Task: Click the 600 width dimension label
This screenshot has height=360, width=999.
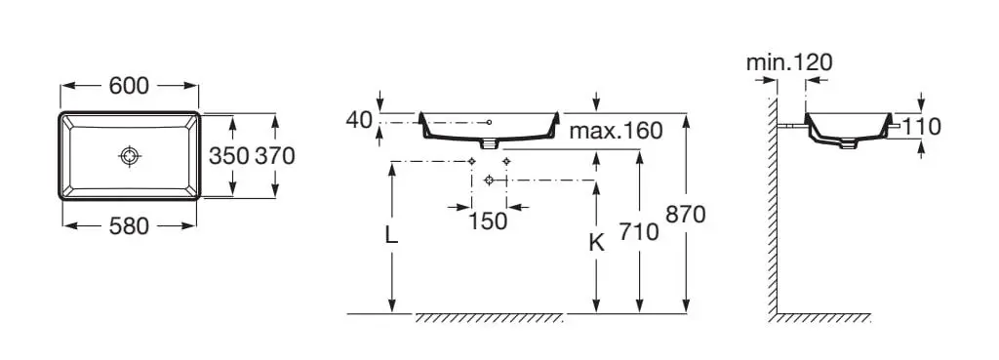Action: tap(129, 86)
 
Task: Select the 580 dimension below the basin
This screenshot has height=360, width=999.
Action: tap(129, 225)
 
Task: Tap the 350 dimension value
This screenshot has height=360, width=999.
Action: tap(228, 155)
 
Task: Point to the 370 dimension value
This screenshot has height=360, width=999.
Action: tap(275, 155)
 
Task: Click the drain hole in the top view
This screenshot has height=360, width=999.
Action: tap(130, 155)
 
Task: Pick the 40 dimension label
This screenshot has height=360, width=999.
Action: tap(359, 119)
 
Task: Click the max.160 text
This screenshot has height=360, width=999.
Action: tap(616, 131)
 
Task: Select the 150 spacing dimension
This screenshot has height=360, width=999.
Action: tap(488, 221)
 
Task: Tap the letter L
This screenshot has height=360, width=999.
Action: tap(391, 235)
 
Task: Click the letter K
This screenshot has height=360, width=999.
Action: tap(596, 242)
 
